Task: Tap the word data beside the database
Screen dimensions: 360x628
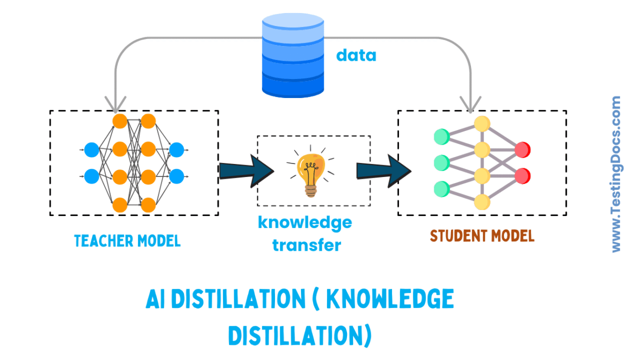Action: coord(356,55)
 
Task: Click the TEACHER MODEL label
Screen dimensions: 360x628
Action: coord(127,240)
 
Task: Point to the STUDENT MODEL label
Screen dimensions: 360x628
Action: coord(482,236)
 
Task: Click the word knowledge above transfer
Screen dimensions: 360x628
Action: coord(305,222)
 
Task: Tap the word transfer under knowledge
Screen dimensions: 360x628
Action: coord(306,245)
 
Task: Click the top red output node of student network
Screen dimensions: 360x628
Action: coord(522,149)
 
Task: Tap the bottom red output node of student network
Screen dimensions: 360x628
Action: coord(522,176)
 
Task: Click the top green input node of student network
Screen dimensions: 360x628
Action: coord(442,136)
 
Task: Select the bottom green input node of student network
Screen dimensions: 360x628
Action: coord(442,188)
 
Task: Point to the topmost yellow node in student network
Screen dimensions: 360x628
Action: coord(482,123)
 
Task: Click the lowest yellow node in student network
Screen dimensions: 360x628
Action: coord(482,202)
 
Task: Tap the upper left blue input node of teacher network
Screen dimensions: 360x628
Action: coord(91,149)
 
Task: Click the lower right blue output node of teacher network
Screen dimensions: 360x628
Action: coord(176,176)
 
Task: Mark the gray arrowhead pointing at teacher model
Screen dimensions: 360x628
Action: coord(115,103)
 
